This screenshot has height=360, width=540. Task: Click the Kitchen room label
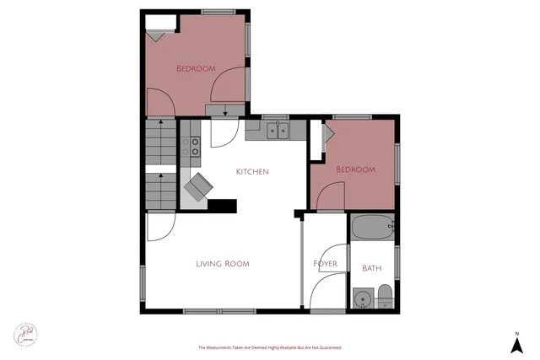[x=252, y=172]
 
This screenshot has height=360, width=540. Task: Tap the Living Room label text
[x=223, y=264]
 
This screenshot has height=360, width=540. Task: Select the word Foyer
[x=326, y=264]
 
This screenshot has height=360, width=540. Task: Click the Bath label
[x=371, y=268]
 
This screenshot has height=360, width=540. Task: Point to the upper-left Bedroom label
[x=196, y=68]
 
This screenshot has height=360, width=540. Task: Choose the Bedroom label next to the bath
[x=355, y=169]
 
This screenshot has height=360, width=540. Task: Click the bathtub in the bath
[x=371, y=226]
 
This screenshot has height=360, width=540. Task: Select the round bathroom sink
[x=363, y=298]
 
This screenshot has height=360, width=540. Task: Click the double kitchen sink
[x=278, y=130]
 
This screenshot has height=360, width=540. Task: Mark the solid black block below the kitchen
[x=222, y=205]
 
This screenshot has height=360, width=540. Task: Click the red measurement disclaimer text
[x=269, y=347]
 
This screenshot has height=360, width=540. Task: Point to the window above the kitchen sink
[x=275, y=116]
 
